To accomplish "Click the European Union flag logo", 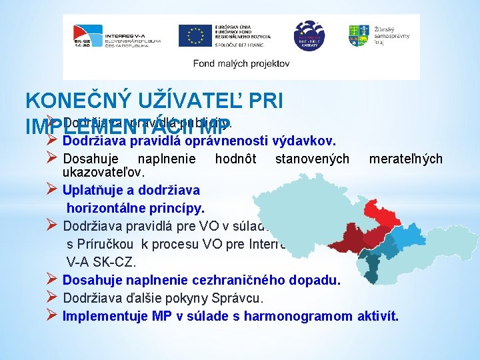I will coord(195,35).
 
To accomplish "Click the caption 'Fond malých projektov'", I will coord(241,63).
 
